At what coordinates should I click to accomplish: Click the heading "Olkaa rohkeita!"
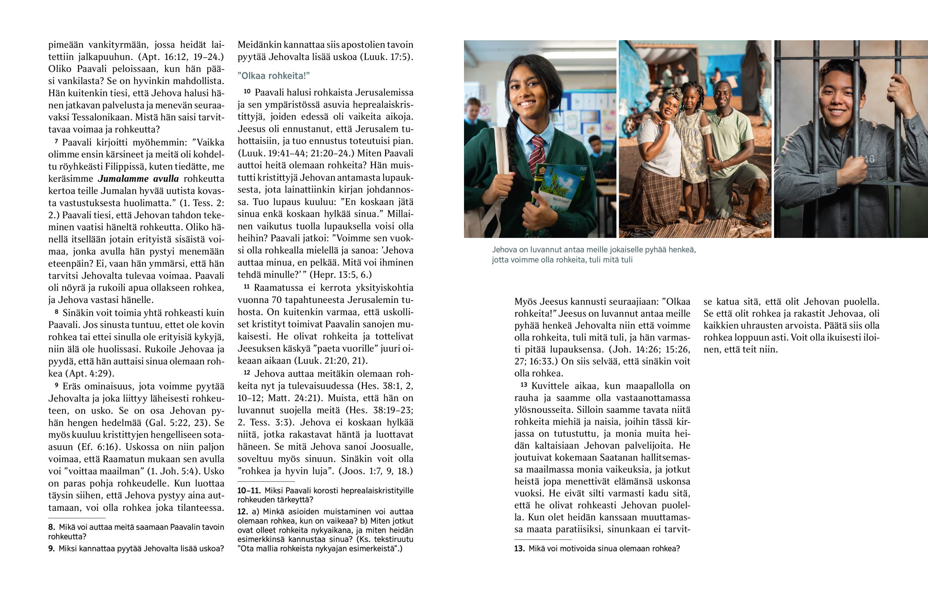click(x=273, y=76)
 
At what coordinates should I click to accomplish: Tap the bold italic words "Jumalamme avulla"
click(x=138, y=179)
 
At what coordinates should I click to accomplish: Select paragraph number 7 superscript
click(x=56, y=141)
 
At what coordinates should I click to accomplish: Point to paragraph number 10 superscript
click(x=247, y=91)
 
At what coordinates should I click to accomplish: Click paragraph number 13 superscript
click(x=524, y=385)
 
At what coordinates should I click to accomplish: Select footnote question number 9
click(x=51, y=549)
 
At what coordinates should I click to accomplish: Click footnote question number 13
click(x=519, y=549)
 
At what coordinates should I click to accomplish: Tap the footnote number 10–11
click(x=249, y=491)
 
